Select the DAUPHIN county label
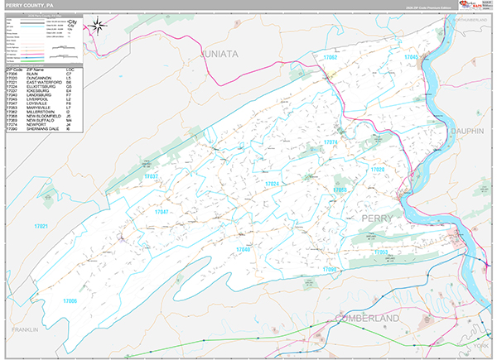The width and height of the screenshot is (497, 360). (x=466, y=131)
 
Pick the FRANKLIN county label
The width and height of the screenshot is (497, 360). (x=25, y=329)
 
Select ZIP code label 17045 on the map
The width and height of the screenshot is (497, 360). (x=411, y=56)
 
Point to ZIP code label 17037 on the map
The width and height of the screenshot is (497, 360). (x=151, y=176)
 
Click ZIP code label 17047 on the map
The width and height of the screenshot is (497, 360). (x=162, y=212)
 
